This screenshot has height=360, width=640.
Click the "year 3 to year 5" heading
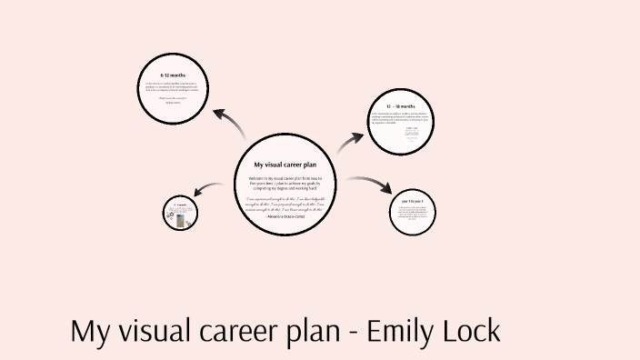click(x=412, y=200)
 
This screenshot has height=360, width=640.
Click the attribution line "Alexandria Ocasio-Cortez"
click(x=285, y=217)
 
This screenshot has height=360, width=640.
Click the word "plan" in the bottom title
click(x=303, y=331)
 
